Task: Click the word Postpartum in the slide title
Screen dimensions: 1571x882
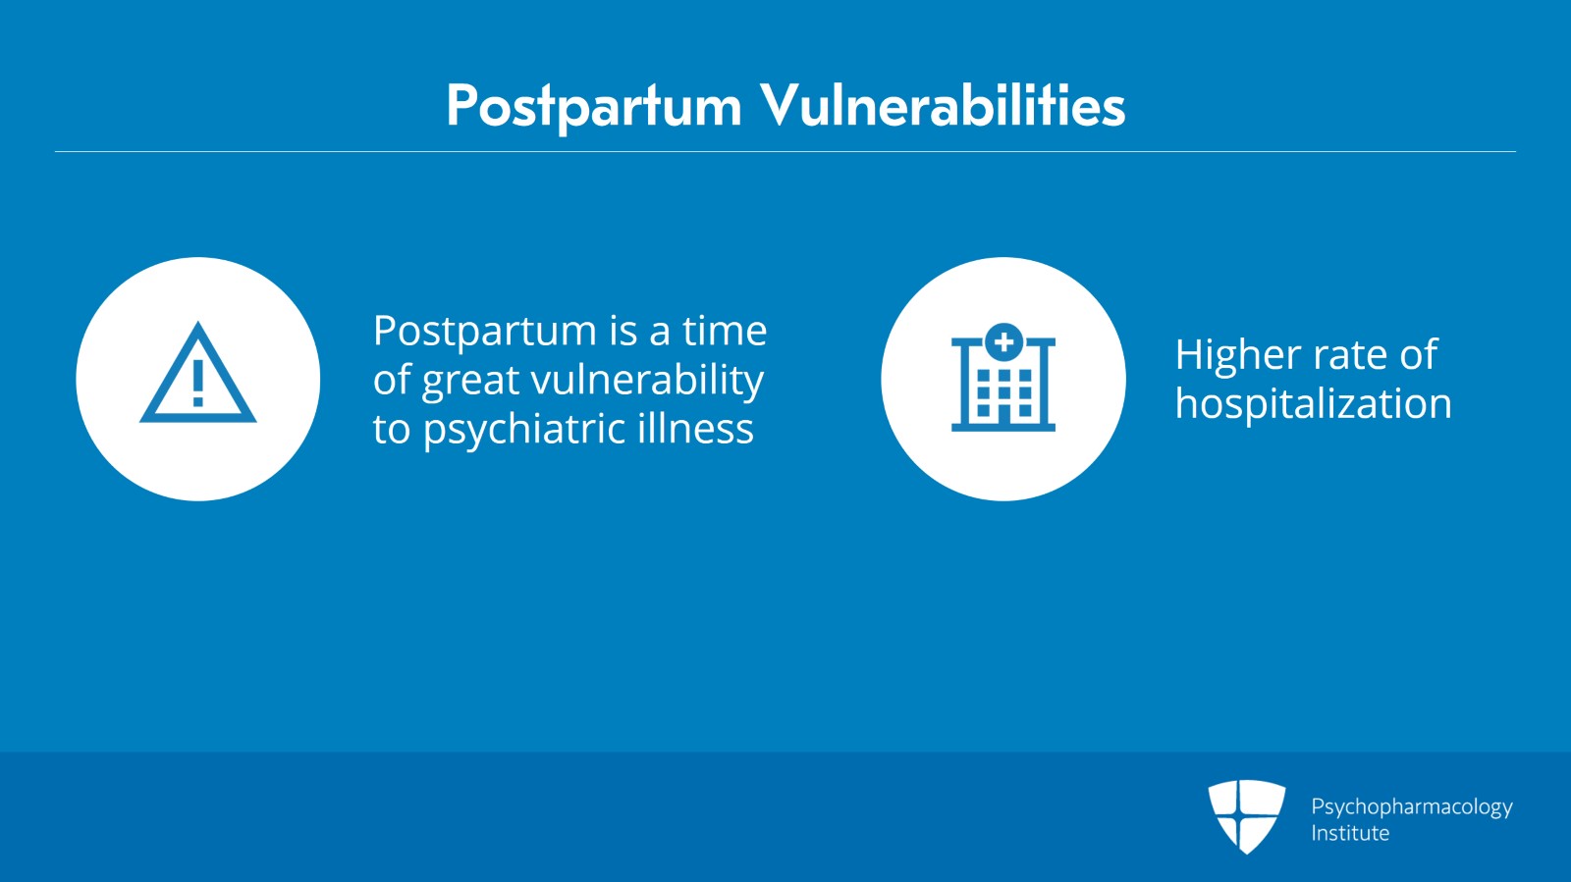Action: click(x=594, y=107)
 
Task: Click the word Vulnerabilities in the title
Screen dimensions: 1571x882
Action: click(x=944, y=104)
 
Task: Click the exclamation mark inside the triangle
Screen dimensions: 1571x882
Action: click(x=197, y=383)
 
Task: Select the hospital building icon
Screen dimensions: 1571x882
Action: click(x=1002, y=377)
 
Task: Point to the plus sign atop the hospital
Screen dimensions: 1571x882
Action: click(x=1003, y=341)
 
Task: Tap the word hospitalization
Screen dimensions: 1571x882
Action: click(x=1313, y=403)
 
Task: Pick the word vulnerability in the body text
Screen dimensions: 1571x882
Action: click(x=647, y=381)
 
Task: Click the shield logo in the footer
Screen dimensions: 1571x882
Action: click(x=1246, y=816)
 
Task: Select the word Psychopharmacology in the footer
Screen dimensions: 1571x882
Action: click(x=1412, y=807)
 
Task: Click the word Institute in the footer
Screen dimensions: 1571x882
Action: click(x=1350, y=833)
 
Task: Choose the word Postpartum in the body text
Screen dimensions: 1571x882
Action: click(x=485, y=332)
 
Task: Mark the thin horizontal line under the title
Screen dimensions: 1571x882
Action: click(x=785, y=151)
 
